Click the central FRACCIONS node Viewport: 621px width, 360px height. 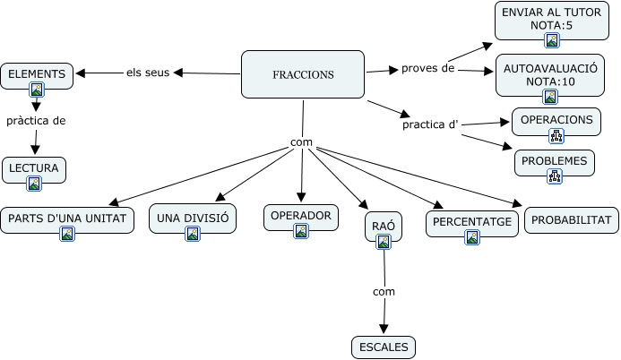point(303,73)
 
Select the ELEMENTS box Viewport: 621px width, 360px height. point(37,75)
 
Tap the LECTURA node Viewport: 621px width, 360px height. point(34,168)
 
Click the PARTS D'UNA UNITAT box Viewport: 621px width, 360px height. point(67,219)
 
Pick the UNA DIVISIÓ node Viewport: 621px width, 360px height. point(193,219)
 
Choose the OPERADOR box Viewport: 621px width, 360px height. point(301,216)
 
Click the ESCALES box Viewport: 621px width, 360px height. point(384,347)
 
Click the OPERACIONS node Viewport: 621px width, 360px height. point(556,120)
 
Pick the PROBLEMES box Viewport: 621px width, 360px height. point(555,162)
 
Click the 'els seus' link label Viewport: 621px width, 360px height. point(148,73)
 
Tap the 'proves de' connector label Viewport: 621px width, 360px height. point(427,68)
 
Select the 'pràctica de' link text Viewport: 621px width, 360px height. point(36,120)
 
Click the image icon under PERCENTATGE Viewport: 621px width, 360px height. point(472,237)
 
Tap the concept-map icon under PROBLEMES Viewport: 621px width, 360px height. point(555,177)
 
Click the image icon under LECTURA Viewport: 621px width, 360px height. point(34,184)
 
